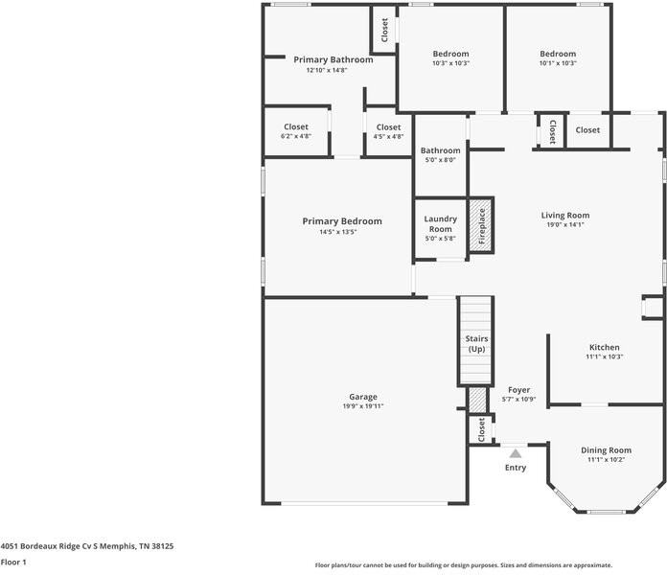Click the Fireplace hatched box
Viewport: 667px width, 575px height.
481,225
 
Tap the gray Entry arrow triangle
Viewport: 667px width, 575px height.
516,453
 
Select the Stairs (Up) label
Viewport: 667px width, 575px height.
476,344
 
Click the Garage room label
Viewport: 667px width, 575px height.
363,397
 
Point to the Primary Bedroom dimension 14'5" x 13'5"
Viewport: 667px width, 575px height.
337,232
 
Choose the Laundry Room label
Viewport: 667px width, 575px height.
440,223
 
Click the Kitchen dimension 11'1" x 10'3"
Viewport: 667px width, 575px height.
604,356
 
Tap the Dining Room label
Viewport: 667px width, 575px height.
607,450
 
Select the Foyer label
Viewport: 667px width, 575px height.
519,390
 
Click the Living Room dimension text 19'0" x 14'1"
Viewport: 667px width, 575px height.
565,224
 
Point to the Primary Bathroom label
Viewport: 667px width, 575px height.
333,59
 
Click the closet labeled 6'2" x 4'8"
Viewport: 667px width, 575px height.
296,131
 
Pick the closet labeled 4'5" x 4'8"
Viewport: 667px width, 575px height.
388,131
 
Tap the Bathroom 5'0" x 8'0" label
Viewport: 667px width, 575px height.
440,155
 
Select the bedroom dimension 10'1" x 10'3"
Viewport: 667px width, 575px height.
558,63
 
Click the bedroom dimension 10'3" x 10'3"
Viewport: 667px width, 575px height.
450,63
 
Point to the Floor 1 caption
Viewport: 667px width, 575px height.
13,563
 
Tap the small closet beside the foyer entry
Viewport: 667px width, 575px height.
481,429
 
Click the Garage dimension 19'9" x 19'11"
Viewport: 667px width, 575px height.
363,406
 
